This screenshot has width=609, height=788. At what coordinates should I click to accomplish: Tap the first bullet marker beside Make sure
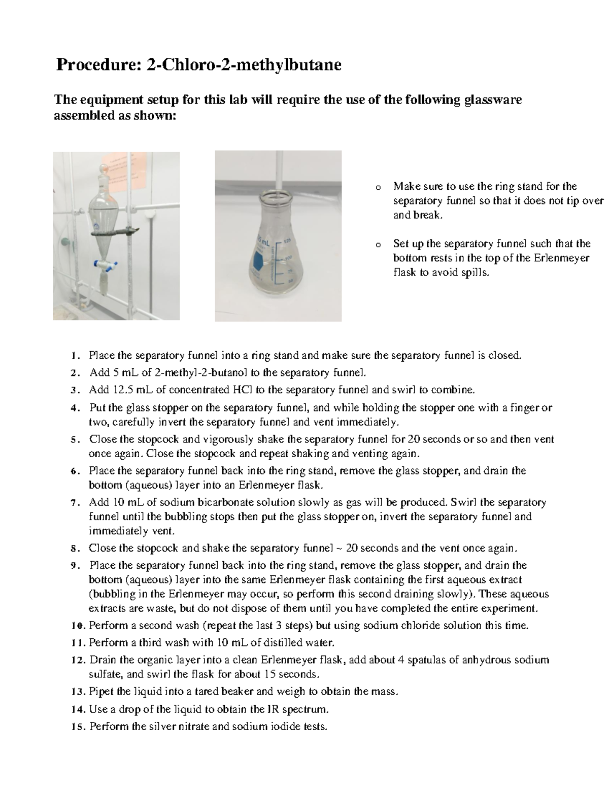click(x=377, y=187)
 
